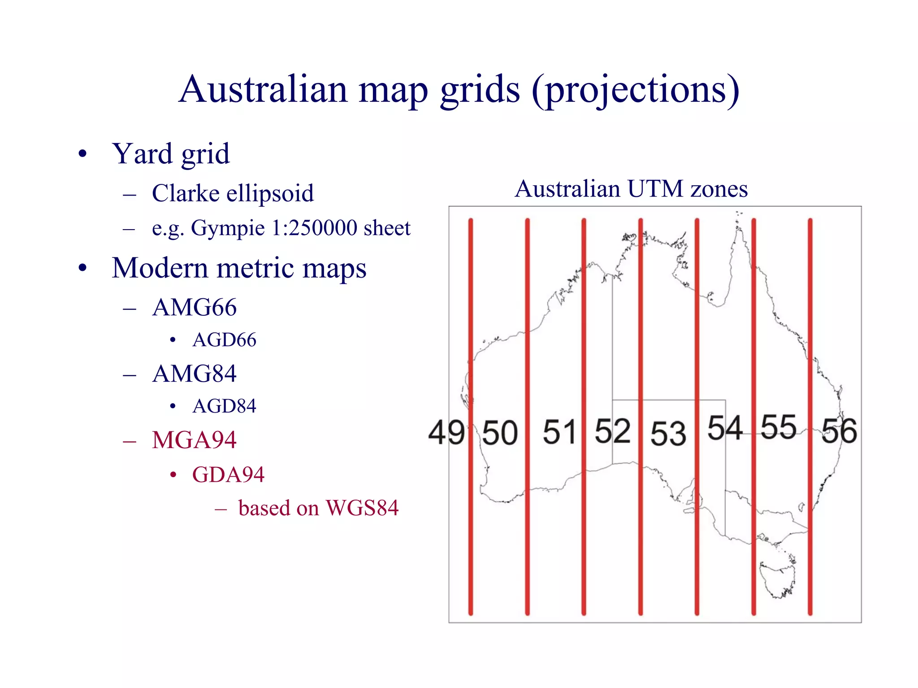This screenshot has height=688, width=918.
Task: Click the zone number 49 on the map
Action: (x=446, y=432)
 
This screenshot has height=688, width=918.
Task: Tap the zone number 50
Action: (x=500, y=433)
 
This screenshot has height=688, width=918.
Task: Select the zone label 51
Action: (x=559, y=432)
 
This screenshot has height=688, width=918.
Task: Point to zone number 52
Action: (x=612, y=431)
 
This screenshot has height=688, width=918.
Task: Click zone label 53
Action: (x=668, y=434)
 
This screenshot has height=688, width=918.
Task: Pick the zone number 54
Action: (x=725, y=427)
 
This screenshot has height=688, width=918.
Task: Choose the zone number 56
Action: (x=839, y=431)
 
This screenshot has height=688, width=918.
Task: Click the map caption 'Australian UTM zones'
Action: (x=631, y=189)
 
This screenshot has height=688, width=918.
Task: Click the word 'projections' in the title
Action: (x=635, y=90)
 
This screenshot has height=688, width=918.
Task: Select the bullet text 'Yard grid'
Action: (x=171, y=154)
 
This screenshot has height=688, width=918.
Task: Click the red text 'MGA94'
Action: (x=194, y=440)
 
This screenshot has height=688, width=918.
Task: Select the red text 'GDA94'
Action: (x=228, y=475)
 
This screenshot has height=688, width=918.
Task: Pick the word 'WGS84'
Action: (x=362, y=508)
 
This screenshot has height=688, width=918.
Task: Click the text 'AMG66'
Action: (x=194, y=308)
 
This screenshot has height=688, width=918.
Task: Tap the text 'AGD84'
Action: (x=224, y=406)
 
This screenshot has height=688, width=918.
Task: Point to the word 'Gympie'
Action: (x=228, y=228)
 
